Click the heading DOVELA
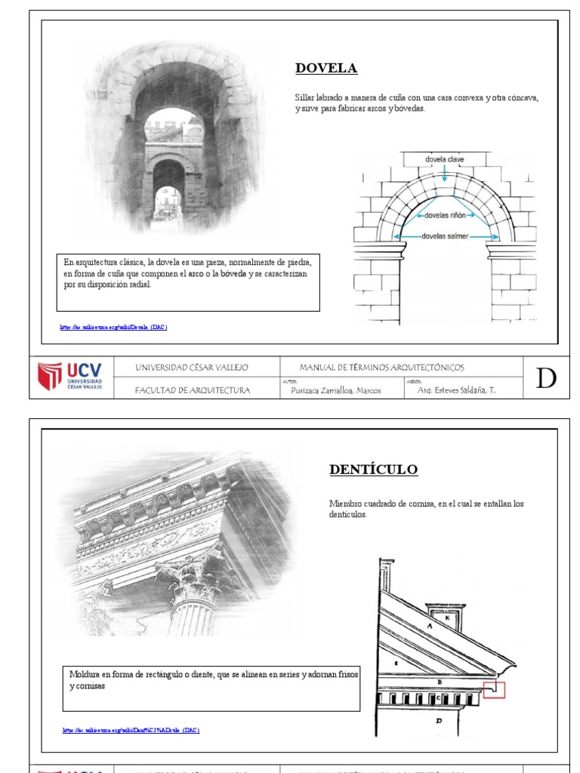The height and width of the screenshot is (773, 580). point(325,69)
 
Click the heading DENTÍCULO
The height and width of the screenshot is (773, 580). point(373,470)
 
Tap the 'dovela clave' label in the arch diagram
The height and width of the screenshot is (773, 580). point(445,159)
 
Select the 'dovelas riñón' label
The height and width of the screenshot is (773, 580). point(445,215)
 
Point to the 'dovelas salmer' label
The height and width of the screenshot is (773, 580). point(446,236)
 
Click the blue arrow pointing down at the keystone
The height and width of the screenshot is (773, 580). point(445,173)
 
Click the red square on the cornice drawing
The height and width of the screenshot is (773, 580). point(494,689)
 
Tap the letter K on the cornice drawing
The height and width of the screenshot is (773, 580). point(447,617)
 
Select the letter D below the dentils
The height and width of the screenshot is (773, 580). point(439,721)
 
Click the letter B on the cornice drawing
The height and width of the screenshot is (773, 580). point(439,681)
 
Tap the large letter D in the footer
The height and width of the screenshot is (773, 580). point(546,378)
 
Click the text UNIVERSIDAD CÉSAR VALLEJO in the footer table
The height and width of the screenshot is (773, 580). point(191,368)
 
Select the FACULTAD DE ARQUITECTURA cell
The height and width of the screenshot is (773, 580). point(191,390)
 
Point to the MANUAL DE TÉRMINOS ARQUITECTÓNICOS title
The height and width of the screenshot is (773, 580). point(381,368)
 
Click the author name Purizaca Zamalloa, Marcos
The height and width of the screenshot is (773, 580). point(336,390)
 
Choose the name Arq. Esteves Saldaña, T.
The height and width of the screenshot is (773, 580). point(456,390)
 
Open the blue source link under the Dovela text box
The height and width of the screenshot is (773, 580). point(113,327)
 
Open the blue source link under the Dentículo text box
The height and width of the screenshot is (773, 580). point(131,730)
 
